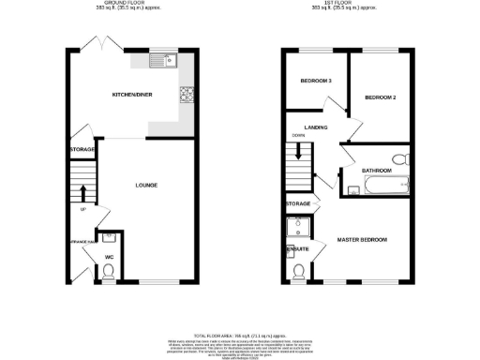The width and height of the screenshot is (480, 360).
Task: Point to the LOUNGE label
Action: click(x=144, y=185)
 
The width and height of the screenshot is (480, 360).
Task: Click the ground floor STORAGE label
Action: click(x=82, y=150)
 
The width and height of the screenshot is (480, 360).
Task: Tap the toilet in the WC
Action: click(x=109, y=272)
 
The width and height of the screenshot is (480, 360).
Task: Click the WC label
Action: click(x=109, y=256)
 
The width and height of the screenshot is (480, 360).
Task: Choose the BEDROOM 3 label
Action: click(x=316, y=82)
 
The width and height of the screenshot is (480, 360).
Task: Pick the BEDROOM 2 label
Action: click(x=381, y=97)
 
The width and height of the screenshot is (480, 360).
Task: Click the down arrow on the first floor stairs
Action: click(x=300, y=172)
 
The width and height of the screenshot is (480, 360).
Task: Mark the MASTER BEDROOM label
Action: click(x=362, y=241)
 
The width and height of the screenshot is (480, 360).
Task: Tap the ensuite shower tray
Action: click(x=299, y=224)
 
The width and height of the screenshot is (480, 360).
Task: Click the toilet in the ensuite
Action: click(x=298, y=272)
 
